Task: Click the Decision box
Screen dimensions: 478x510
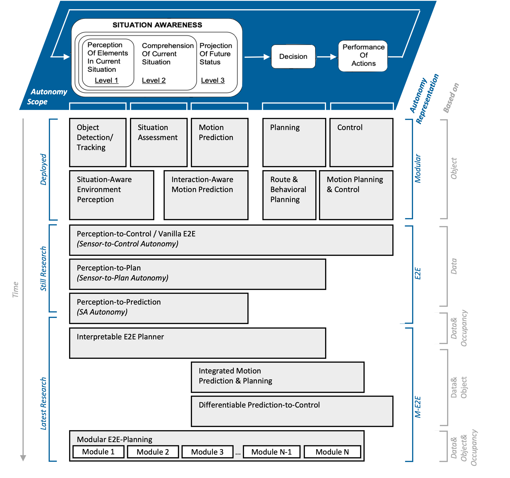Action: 293,56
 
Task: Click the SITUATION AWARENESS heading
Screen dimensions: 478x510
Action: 157,25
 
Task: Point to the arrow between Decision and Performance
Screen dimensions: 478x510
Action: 326,57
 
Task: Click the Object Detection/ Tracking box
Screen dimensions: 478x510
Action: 98,142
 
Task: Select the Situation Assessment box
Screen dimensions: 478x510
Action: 159,142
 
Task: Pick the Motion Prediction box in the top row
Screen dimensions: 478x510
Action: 219,142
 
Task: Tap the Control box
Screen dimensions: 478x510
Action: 361,142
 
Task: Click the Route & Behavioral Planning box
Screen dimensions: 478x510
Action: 289,195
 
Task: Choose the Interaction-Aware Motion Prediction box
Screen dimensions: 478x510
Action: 206,195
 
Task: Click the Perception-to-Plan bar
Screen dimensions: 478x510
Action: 197,274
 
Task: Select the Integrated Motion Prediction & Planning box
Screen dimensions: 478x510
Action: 277,377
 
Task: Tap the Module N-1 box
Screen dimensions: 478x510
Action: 271,452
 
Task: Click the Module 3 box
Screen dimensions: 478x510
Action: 207,452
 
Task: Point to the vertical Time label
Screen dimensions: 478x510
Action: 15,289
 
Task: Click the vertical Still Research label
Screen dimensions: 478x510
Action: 43,268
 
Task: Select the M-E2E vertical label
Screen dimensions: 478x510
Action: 418,407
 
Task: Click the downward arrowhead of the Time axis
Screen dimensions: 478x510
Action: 23,458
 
